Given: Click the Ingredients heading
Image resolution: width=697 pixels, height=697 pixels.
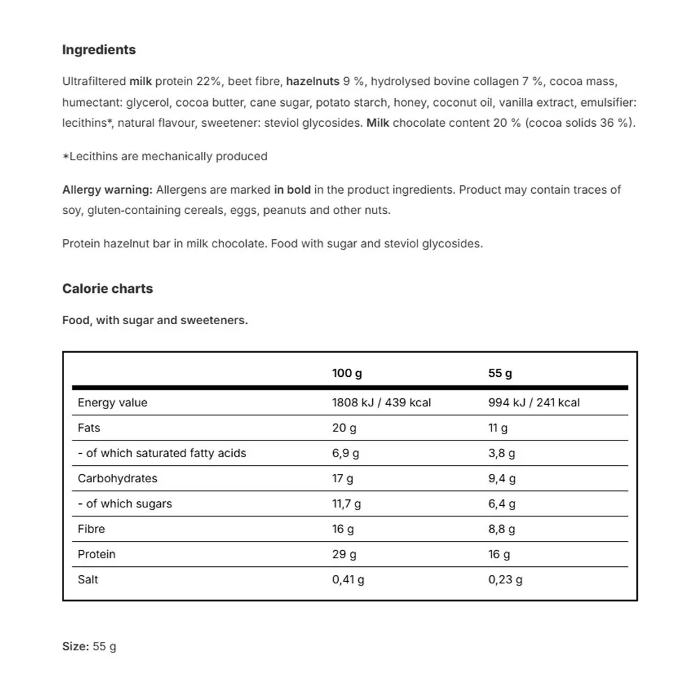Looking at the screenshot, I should pyautogui.click(x=99, y=50).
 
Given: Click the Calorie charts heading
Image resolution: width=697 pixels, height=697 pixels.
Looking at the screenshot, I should pyautogui.click(x=107, y=289).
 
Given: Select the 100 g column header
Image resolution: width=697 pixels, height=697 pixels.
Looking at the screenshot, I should pyautogui.click(x=346, y=374).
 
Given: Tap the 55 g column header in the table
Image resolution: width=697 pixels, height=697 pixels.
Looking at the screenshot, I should pyautogui.click(x=500, y=374).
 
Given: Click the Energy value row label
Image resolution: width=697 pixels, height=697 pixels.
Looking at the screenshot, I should pyautogui.click(x=112, y=403).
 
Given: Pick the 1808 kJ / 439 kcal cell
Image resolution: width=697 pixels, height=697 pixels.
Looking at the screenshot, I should pyautogui.click(x=381, y=403).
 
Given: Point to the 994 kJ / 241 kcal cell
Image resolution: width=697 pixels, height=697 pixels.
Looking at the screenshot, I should pyautogui.click(x=534, y=403).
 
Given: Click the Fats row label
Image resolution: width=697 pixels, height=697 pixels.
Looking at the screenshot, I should pyautogui.click(x=89, y=428).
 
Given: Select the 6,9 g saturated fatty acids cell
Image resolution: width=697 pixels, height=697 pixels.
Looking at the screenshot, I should pyautogui.click(x=346, y=454).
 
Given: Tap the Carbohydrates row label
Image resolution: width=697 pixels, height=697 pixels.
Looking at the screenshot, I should pyautogui.click(x=117, y=479).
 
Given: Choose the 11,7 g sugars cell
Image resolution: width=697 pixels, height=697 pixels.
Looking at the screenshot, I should pyautogui.click(x=346, y=504).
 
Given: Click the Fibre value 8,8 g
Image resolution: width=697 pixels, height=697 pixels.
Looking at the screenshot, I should pyautogui.click(x=502, y=529).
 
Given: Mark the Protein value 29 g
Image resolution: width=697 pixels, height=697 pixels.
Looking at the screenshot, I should pyautogui.click(x=344, y=555).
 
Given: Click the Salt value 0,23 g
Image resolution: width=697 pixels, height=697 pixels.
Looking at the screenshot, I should pyautogui.click(x=505, y=580).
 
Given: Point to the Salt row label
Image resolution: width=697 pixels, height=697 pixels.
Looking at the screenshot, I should pyautogui.click(x=88, y=580).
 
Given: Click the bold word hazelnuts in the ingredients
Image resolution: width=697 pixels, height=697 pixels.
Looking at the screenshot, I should pyautogui.click(x=313, y=82).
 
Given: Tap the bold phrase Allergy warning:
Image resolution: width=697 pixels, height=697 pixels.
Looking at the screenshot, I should pyautogui.click(x=107, y=190).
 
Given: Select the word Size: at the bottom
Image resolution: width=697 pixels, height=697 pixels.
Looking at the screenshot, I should pyautogui.click(x=75, y=647).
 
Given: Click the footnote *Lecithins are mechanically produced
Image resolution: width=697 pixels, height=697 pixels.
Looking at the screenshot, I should pyautogui.click(x=164, y=157).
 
